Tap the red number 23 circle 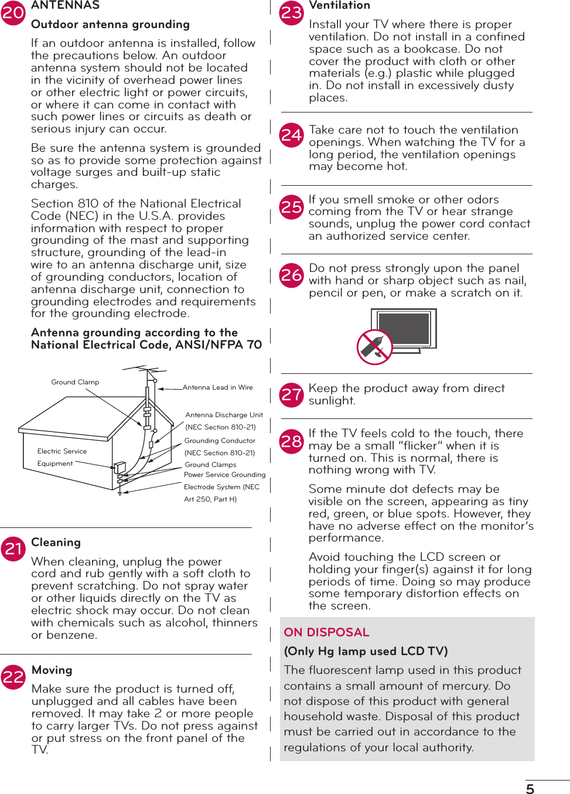(292, 12)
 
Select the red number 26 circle (292, 274)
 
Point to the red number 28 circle (292, 440)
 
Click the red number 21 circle (13, 548)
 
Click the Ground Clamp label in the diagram (75, 382)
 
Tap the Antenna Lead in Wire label (217, 387)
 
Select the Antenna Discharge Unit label (224, 415)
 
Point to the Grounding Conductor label (220, 441)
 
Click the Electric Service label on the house (62, 451)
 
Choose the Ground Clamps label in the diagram (210, 465)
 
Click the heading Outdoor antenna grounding (110, 25)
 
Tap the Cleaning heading (56, 543)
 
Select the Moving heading (52, 670)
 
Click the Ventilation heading (339, 6)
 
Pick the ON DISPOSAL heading (326, 632)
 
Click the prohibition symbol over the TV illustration (374, 347)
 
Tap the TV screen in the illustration (404, 328)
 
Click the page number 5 (530, 789)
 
